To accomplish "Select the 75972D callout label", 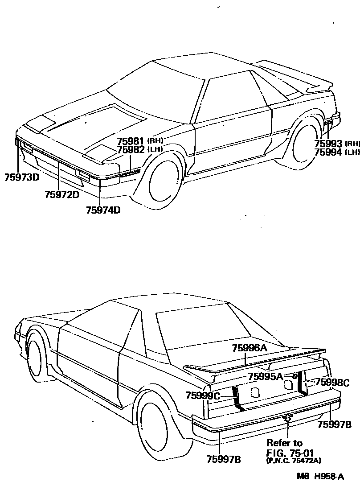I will pos(62,194).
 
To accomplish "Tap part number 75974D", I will pos(103,210).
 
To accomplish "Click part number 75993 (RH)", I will pos(337,144).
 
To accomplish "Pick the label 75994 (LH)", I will pos(337,152).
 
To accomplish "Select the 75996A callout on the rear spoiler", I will pos(249,348).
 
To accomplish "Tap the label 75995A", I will pos(266,376).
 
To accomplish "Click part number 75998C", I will pos(332,382).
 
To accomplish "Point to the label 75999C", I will pos(203,395).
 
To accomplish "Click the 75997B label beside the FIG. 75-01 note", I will pos(335,424).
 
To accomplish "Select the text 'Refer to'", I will pos(284,443).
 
